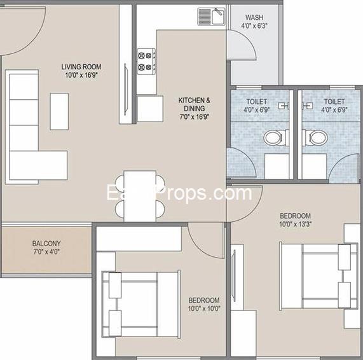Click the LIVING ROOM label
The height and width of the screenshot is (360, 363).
point(81,67)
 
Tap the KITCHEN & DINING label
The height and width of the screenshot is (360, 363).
point(194,100)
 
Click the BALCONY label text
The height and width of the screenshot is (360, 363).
point(46,244)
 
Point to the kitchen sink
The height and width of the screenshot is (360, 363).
point(209,15)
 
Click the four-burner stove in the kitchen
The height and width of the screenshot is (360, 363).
point(146,60)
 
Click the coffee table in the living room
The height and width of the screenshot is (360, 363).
point(59,111)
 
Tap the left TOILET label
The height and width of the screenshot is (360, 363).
point(257,101)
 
